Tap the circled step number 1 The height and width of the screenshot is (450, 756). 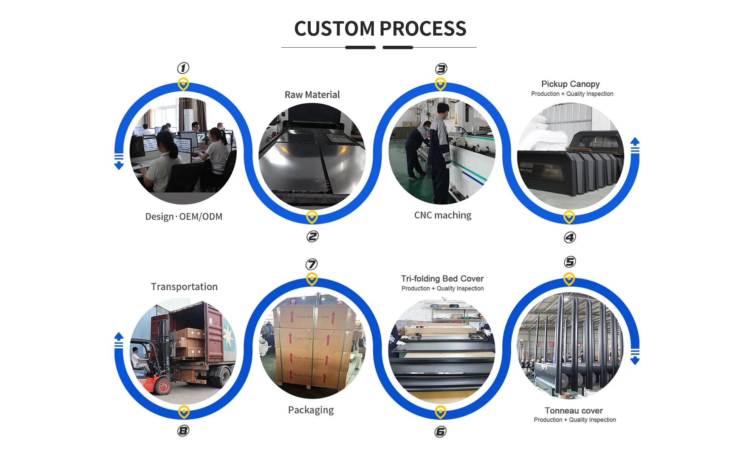tap(183, 68)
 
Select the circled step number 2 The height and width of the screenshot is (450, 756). tap(312, 237)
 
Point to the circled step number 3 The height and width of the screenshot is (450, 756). tap(441, 68)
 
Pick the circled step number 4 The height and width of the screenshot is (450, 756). tap(570, 237)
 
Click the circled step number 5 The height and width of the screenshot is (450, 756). tap(570, 262)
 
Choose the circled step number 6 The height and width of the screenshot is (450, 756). tap(440, 431)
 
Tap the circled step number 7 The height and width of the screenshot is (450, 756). tap(311, 264)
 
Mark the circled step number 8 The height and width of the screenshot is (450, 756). tap(183, 431)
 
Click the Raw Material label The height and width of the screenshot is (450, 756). tap(312, 95)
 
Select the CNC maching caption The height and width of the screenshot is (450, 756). tap(443, 215)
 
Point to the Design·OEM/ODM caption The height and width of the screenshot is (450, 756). tap(184, 217)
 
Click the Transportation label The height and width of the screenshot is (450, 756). tap(184, 287)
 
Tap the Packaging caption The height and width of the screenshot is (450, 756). tap(311, 410)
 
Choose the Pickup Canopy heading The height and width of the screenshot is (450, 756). tap(570, 84)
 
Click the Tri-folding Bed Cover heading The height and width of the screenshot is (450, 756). tap(442, 279)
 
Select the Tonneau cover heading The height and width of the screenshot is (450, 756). tap(573, 411)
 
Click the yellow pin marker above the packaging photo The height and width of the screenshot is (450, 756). tap(312, 279)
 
